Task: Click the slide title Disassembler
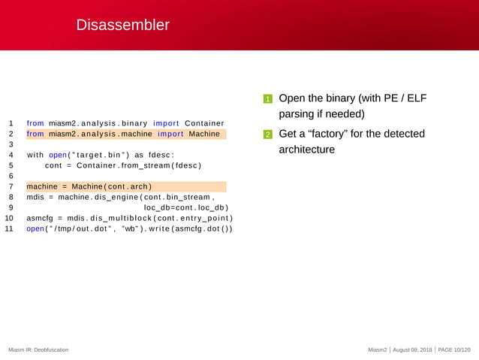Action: coord(122,26)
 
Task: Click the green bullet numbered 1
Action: coord(267,100)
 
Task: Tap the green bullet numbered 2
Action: coord(267,135)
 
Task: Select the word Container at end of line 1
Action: coord(204,123)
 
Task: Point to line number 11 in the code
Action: coord(10,228)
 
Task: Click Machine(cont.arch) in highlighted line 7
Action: coord(112,186)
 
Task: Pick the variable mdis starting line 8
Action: coord(35,197)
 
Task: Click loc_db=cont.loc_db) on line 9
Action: coord(185,207)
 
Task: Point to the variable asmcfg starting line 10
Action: coord(40,218)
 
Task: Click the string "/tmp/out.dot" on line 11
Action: coord(81,228)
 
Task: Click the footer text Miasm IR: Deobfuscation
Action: coord(38,350)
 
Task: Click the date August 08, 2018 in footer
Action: coord(411,350)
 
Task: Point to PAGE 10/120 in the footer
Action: coord(454,350)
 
